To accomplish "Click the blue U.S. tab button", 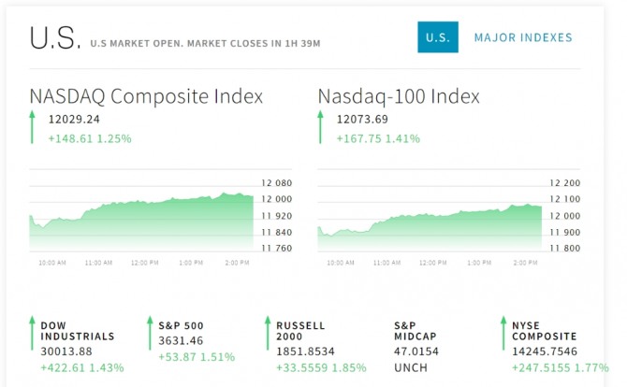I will [437, 37].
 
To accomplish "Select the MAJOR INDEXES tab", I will [523, 37].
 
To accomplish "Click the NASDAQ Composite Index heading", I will [146, 96].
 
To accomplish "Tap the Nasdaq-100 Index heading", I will [399, 96].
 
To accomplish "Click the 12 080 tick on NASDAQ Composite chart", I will [277, 184].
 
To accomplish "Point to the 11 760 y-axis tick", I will [277, 248].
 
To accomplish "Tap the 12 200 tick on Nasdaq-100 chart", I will [565, 184].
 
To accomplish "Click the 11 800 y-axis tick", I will [565, 248].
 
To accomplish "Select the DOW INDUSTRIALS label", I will [77, 331].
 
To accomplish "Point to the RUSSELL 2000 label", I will [300, 331].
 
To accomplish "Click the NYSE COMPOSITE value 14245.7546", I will [544, 351].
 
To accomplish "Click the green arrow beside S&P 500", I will [149, 334].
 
